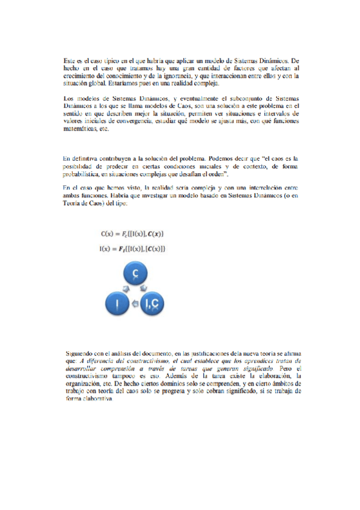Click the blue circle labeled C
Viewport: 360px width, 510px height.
[136, 274]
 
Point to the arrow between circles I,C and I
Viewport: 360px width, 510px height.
[136, 305]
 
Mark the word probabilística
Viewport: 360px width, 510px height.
[85, 174]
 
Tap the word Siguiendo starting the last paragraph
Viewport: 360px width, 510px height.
[80, 352]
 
